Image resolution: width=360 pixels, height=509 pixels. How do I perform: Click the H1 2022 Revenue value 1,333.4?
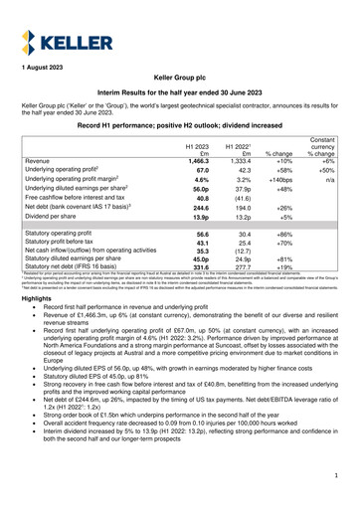pyautogui.click(x=237, y=160)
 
